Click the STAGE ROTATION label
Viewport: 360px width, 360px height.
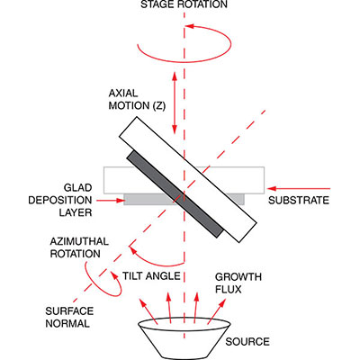click(x=184, y=4)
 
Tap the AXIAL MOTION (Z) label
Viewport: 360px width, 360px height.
click(x=137, y=99)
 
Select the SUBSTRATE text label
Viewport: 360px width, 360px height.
click(x=299, y=200)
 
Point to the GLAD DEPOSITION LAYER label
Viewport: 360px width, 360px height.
click(x=60, y=200)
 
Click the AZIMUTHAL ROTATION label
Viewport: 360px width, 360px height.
click(x=79, y=247)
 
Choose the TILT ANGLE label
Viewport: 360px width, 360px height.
click(x=151, y=275)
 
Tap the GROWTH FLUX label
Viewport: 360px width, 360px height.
click(x=238, y=283)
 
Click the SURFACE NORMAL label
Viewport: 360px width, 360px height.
click(x=69, y=317)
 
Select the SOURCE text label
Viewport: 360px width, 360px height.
click(x=247, y=342)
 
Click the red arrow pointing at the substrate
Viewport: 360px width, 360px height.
click(x=299, y=189)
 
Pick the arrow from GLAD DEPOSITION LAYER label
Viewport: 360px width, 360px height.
click(x=110, y=200)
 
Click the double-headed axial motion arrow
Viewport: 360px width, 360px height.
click(x=174, y=103)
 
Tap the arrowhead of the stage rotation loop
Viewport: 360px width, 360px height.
click(x=189, y=26)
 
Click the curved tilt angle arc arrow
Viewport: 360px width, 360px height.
click(x=156, y=262)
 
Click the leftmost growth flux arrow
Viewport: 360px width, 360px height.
click(x=148, y=311)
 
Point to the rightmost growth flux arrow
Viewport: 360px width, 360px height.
click(x=216, y=311)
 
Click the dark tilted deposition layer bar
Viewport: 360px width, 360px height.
click(x=175, y=194)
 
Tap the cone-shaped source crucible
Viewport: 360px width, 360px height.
click(x=184, y=338)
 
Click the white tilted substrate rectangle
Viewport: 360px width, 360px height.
click(x=188, y=179)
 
